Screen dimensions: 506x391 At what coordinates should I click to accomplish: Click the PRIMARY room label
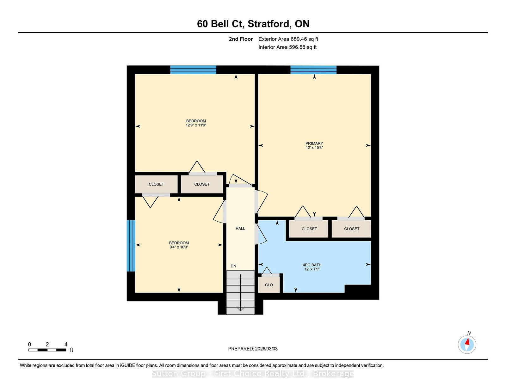(x=314, y=144)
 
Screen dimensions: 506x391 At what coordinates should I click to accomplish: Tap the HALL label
(x=240, y=229)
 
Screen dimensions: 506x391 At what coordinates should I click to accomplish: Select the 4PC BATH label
(x=312, y=265)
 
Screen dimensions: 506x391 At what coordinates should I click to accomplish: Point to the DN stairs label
(x=233, y=266)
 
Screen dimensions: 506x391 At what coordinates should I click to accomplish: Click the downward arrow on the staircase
(x=240, y=292)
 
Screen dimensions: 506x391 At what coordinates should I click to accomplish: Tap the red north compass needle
(x=467, y=342)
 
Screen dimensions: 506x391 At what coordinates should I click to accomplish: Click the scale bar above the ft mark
(x=47, y=350)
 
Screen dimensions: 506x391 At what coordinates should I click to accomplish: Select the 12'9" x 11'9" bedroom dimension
(x=196, y=125)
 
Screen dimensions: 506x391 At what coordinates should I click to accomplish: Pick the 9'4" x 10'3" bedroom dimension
(x=179, y=247)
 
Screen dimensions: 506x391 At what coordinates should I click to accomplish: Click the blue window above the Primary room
(x=313, y=70)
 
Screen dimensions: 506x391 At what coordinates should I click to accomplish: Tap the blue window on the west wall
(x=131, y=246)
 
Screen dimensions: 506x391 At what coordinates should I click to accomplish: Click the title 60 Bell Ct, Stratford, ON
(x=253, y=24)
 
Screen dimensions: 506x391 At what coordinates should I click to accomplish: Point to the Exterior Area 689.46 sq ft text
(x=288, y=39)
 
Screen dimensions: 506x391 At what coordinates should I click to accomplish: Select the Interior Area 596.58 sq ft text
(x=287, y=47)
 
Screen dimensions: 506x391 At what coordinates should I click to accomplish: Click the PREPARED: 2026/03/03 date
(x=253, y=349)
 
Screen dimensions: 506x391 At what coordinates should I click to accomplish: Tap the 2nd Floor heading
(x=241, y=39)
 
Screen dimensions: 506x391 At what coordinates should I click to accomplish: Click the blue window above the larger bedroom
(x=193, y=70)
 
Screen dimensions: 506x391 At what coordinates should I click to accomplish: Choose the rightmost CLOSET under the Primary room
(x=352, y=229)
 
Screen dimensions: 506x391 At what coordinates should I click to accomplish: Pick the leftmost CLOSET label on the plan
(x=156, y=184)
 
